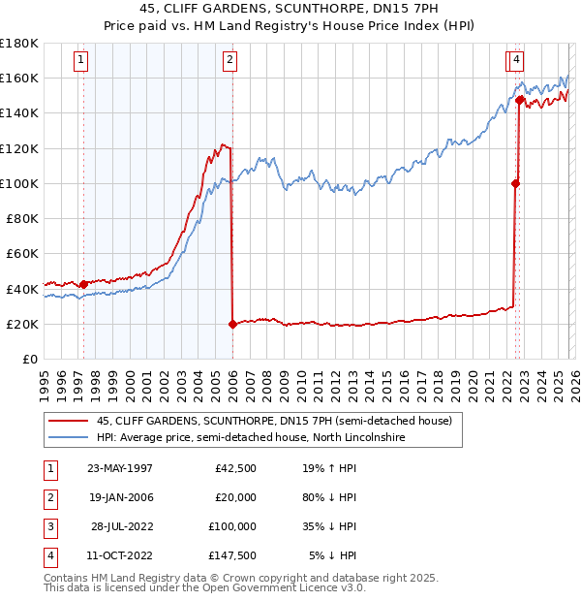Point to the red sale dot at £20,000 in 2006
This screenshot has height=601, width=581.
pyautogui.click(x=232, y=324)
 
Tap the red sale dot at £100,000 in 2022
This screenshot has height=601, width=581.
pyautogui.click(x=515, y=183)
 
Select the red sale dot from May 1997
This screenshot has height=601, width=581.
pyautogui.click(x=83, y=284)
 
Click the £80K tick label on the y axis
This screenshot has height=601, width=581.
pyautogui.click(x=19, y=218)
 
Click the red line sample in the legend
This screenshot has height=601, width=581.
pyautogui.click(x=68, y=422)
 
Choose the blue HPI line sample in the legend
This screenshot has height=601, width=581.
pyautogui.click(x=68, y=438)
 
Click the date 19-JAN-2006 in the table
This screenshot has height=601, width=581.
pyautogui.click(x=120, y=497)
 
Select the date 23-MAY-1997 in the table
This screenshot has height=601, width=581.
pyautogui.click(x=120, y=468)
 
